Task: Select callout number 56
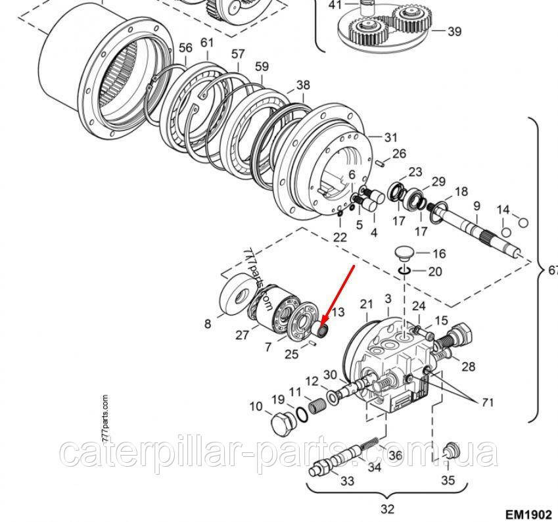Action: coord(185,47)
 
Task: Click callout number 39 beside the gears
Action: coord(454,31)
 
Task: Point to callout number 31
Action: coord(391,137)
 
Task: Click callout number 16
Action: coord(439,253)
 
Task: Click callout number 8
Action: coord(208,323)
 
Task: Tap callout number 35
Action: coord(448,480)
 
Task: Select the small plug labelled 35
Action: coord(450,452)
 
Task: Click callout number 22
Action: coord(339,237)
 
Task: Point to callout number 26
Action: coord(400,154)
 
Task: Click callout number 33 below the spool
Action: coord(347,481)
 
